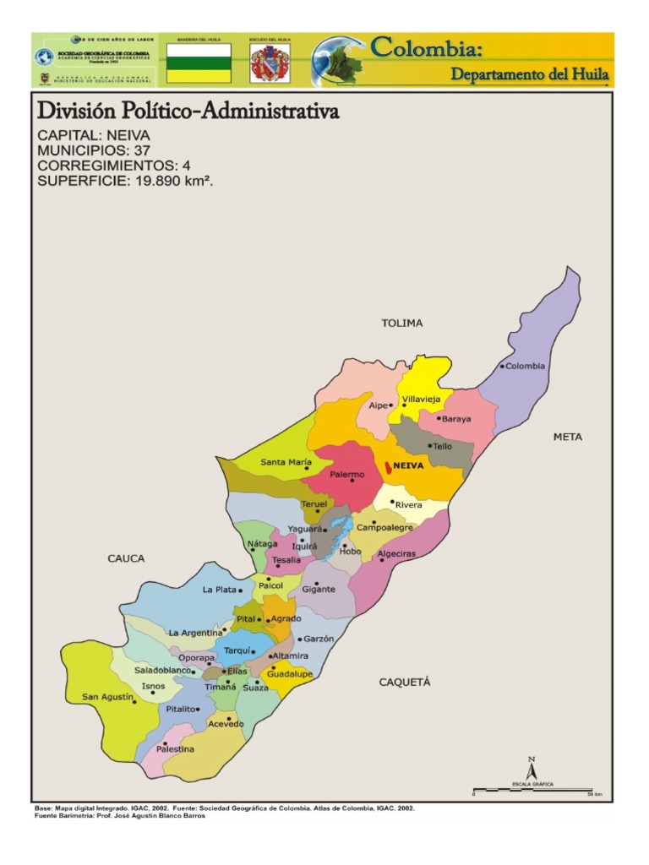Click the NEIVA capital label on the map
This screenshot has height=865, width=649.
click(408, 465)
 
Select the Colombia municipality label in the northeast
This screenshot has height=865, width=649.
click(526, 366)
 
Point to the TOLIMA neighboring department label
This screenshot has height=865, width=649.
click(401, 324)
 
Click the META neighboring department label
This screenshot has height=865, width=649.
click(568, 438)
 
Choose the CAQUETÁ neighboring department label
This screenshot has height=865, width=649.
click(405, 682)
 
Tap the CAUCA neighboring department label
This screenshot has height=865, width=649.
click(126, 558)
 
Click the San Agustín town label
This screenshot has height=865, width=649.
click(107, 697)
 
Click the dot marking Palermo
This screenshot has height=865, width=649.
click(352, 481)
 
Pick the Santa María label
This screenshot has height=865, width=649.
click(286, 462)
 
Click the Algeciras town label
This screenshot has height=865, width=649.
click(397, 553)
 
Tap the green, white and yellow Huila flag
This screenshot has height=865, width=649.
click(199, 63)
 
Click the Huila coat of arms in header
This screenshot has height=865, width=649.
click(270, 63)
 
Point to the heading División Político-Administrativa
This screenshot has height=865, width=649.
click(188, 112)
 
